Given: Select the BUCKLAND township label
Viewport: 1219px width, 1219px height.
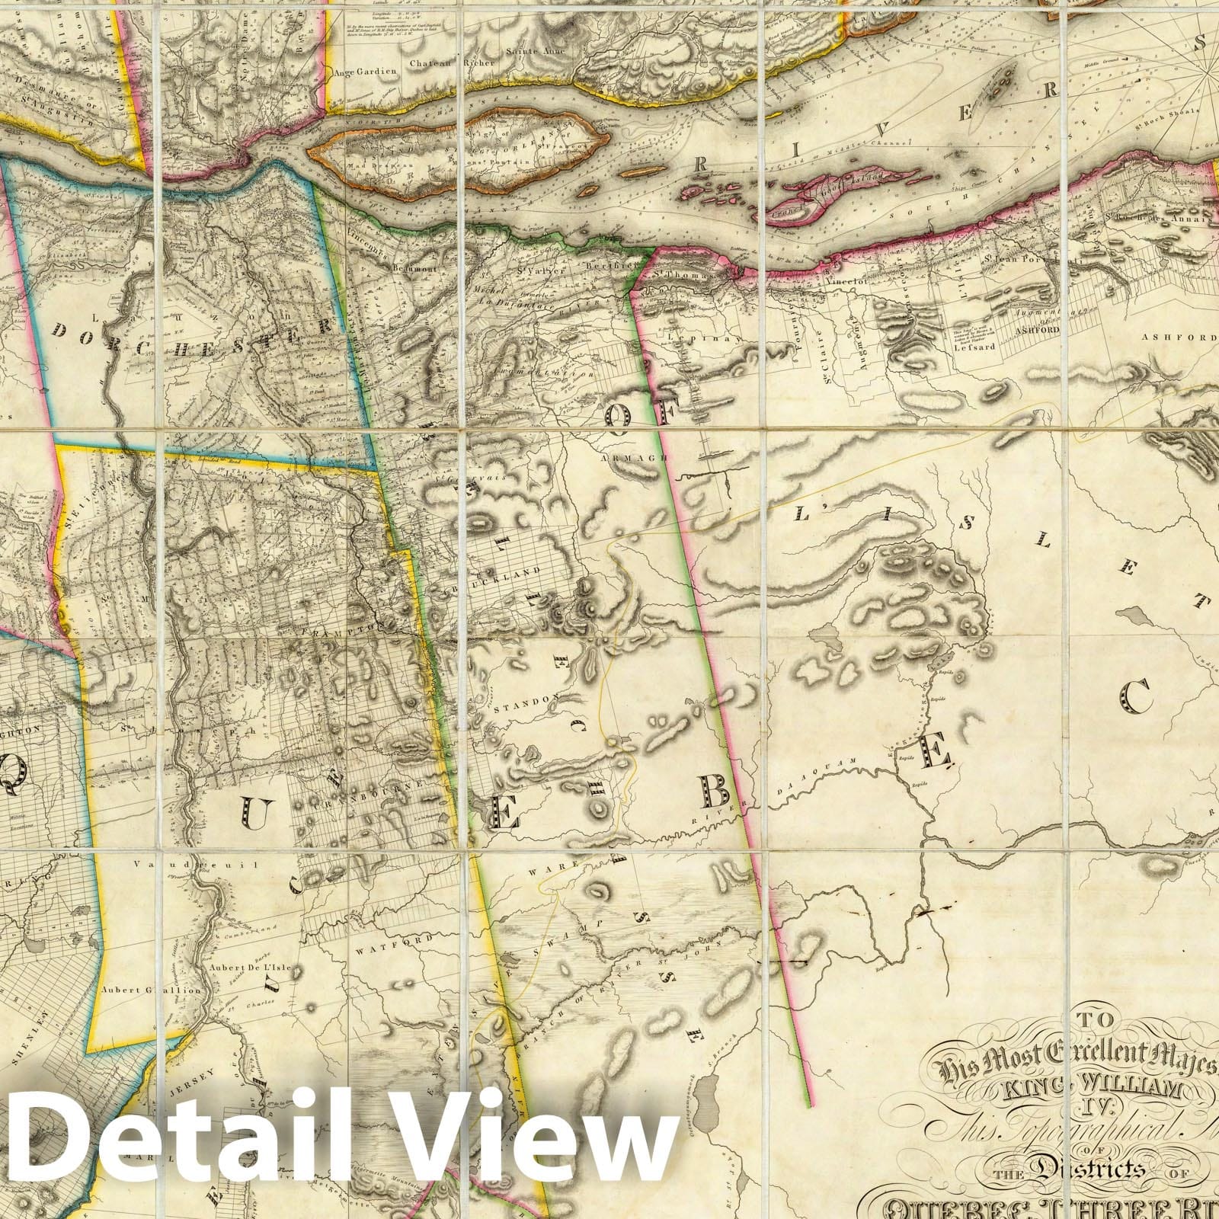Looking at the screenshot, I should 520,571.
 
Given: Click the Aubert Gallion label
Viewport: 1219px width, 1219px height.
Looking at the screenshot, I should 150,990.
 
